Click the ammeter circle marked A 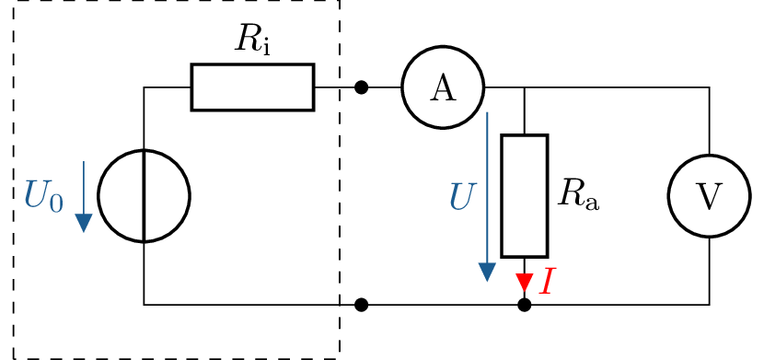[x=443, y=87]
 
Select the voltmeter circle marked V [x=709, y=196]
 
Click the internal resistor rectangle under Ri [x=252, y=87]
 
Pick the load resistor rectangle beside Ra [x=524, y=196]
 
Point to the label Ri [x=251, y=39]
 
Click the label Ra [x=578, y=193]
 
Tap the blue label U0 [x=43, y=196]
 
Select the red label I [x=547, y=281]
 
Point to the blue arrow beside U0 [x=84, y=197]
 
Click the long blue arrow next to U [x=487, y=197]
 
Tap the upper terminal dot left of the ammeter [x=361, y=87]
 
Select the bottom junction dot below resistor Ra [x=524, y=305]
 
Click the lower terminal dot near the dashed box [x=361, y=305]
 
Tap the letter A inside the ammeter [x=443, y=88]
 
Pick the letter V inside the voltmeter [x=709, y=197]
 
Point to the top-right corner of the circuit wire [x=709, y=88]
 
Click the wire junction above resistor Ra [x=524, y=88]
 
